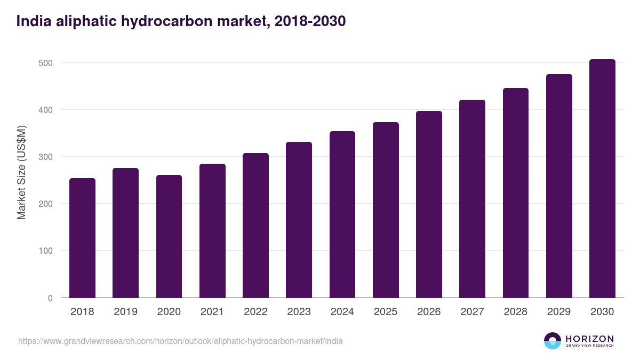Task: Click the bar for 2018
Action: point(82,238)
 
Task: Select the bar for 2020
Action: point(169,236)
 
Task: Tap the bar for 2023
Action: point(299,220)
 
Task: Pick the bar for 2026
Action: point(429,204)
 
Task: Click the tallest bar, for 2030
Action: point(602,179)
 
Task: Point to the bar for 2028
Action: point(515,193)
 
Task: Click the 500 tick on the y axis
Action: point(46,63)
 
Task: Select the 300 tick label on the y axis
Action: point(46,157)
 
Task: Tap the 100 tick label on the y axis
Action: point(46,251)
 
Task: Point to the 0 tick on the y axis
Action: point(50,298)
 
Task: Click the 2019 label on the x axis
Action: point(125,312)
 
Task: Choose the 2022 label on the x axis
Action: point(255,312)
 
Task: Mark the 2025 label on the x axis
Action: point(386,312)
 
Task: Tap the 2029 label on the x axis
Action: point(559,312)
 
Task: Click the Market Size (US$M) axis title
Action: point(21,173)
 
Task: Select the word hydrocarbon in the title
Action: point(193,21)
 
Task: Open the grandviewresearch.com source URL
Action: point(180,341)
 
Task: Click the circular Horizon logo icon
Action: point(553,341)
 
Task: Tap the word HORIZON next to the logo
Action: point(589,338)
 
